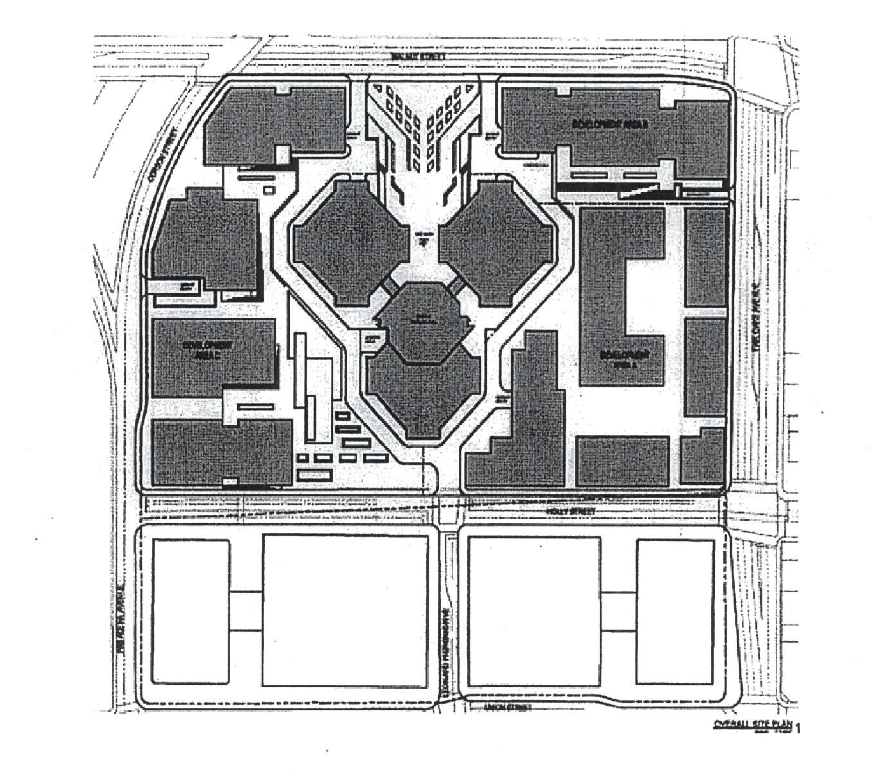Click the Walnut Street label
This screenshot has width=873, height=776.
coord(418,56)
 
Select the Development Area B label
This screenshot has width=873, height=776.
coord(604,124)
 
